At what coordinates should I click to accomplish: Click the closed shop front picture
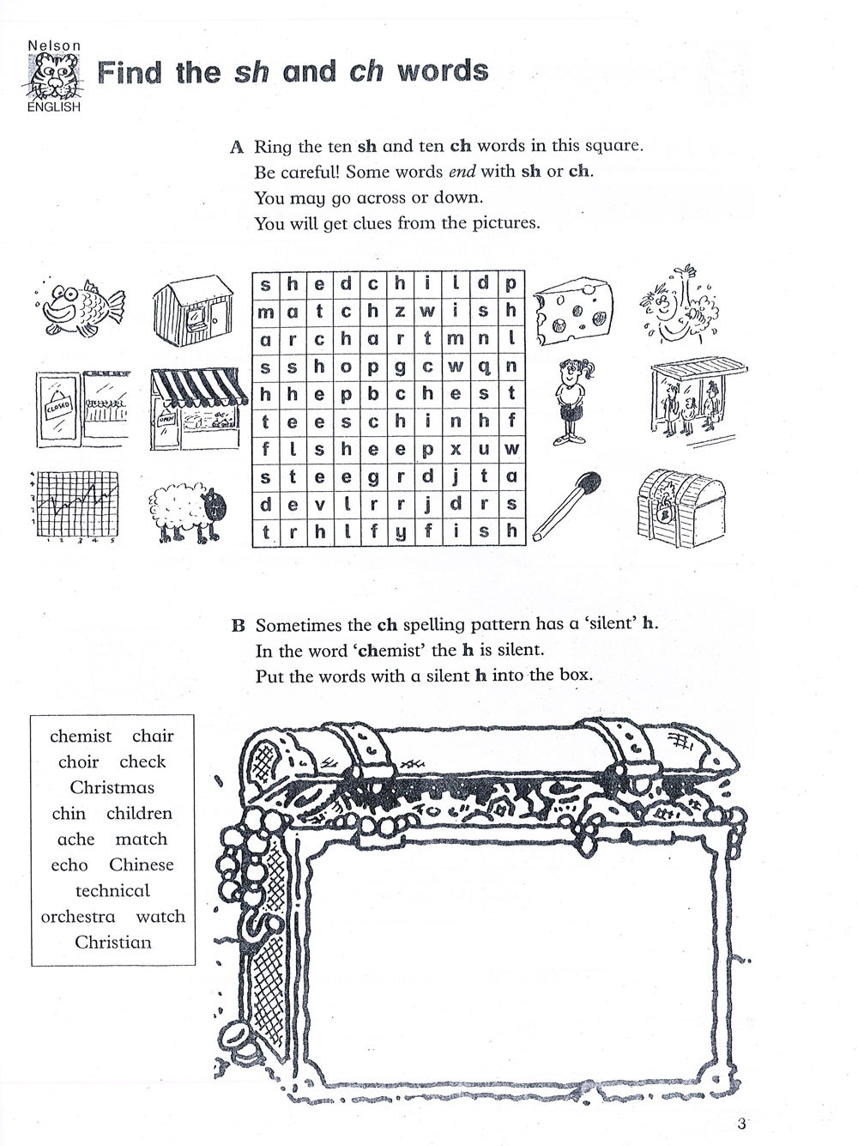pyautogui.click(x=82, y=409)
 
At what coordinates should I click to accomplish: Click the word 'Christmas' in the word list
pyautogui.click(x=112, y=787)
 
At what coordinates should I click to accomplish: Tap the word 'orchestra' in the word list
pyautogui.click(x=77, y=916)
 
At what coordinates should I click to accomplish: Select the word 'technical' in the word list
pyautogui.click(x=112, y=890)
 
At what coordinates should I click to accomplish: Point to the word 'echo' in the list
pyautogui.click(x=69, y=864)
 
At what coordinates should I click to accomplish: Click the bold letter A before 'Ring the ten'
pyautogui.click(x=238, y=147)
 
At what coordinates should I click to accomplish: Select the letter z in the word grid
pyautogui.click(x=400, y=312)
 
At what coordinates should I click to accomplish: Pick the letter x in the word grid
pyautogui.click(x=456, y=448)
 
